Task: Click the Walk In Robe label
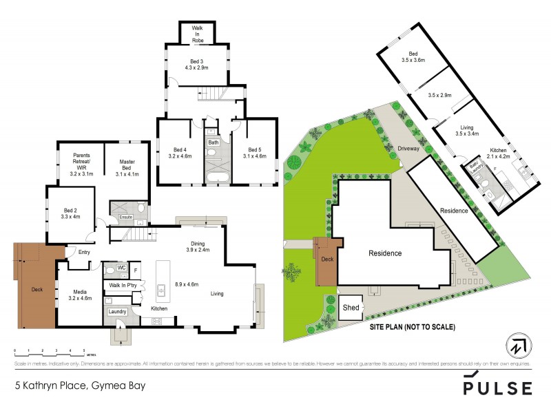point(197,32)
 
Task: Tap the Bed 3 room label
point(198,65)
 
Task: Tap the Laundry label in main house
point(116,311)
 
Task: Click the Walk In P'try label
point(124,284)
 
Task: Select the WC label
point(120,268)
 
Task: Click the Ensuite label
point(125,217)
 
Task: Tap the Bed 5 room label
point(255,152)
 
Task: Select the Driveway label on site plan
point(410,149)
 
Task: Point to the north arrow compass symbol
point(515,344)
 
